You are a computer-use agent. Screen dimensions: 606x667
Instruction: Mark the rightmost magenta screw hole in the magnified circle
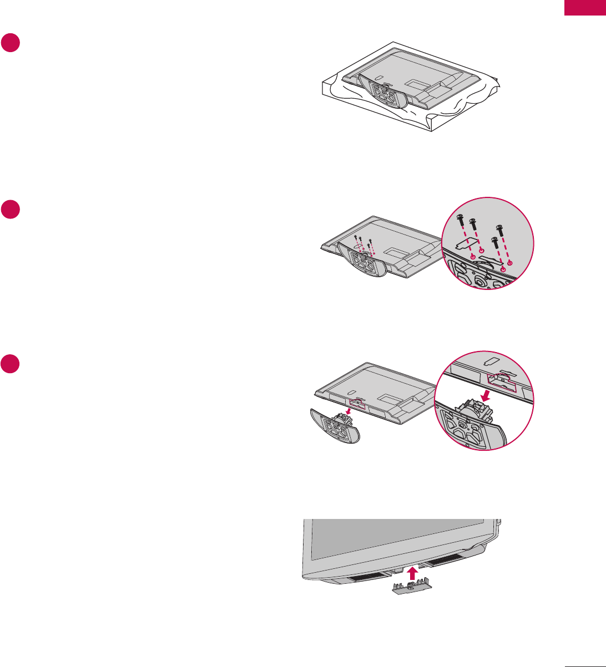pyautogui.click(x=511, y=262)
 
